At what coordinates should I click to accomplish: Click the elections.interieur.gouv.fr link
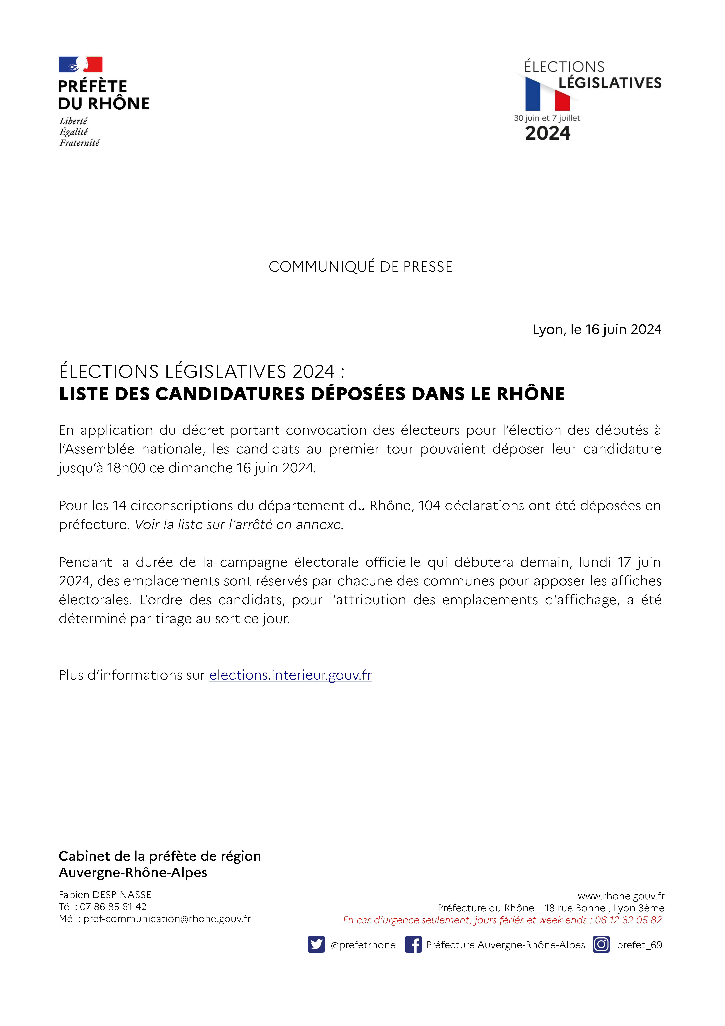tap(290, 675)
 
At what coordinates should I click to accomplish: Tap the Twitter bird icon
tap(316, 944)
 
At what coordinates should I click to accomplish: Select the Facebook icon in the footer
tap(413, 944)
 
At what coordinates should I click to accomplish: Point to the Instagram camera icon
tap(601, 944)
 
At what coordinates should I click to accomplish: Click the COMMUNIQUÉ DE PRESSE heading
tap(361, 267)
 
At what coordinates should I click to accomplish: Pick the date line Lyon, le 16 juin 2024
tap(597, 329)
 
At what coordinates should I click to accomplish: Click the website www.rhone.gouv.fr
tap(621, 896)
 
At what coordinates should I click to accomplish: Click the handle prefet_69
tap(639, 945)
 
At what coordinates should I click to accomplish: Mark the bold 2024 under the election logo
tap(548, 133)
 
